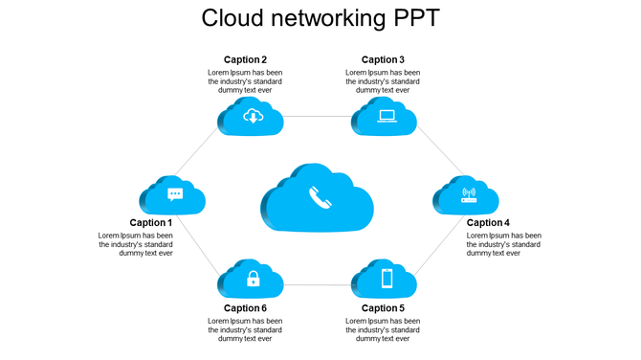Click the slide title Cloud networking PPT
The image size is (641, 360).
point(320,18)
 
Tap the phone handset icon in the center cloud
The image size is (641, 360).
point(319,198)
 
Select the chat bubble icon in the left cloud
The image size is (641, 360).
point(175,194)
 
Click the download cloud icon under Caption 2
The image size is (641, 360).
point(253,117)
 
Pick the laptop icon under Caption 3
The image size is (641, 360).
point(387,117)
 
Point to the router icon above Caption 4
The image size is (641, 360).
point(469,195)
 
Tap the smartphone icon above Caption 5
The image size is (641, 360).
point(387,279)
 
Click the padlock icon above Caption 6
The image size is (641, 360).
point(253,279)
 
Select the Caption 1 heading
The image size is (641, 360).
point(151,223)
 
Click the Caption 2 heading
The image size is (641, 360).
point(245,59)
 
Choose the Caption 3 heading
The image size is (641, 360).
point(383,59)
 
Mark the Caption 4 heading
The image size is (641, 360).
point(488,223)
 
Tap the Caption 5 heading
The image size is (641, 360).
point(383,308)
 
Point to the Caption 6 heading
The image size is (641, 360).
point(245,308)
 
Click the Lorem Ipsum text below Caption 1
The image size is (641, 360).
point(136,244)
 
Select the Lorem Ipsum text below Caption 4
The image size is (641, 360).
point(503,244)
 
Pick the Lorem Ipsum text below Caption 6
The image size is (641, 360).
point(245,329)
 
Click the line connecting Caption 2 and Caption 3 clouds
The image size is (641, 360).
point(318,117)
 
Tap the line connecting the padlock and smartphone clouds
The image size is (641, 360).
point(318,284)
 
